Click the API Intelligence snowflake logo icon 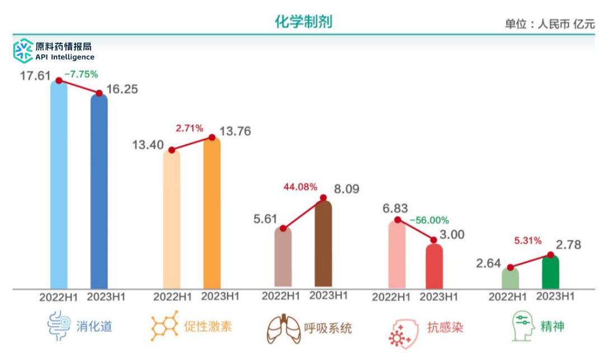coord(23,51)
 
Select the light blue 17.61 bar coord(59,184)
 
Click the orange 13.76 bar coord(212,212)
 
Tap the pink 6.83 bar coord(397,254)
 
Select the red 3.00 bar coord(434,266)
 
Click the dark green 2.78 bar coord(550,272)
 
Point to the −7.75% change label coord(81,74)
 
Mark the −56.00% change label coord(429,220)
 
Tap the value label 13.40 coord(148,145)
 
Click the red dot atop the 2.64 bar coord(510,267)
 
